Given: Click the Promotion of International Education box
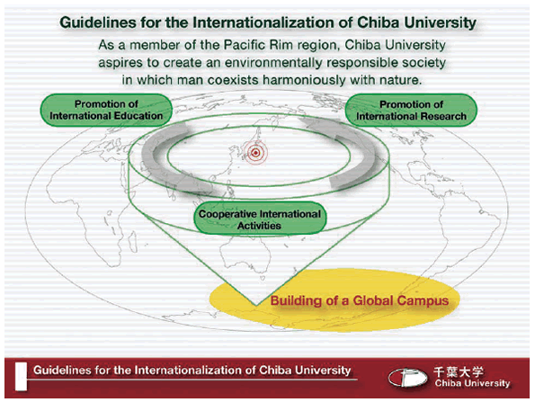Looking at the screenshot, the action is (x=106, y=110).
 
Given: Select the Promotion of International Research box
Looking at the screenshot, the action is (x=411, y=111).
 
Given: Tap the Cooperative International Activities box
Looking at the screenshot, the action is (x=260, y=219).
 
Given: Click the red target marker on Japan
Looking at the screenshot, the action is (x=255, y=153).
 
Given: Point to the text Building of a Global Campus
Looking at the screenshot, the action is (x=360, y=300).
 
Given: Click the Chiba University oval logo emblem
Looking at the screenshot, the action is (x=407, y=378).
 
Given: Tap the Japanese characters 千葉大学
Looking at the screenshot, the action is (x=459, y=371).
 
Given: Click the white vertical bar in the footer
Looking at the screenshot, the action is (x=21, y=377).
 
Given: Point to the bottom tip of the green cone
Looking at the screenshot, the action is (x=255, y=305).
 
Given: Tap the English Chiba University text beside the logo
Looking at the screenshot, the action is (x=472, y=384).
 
